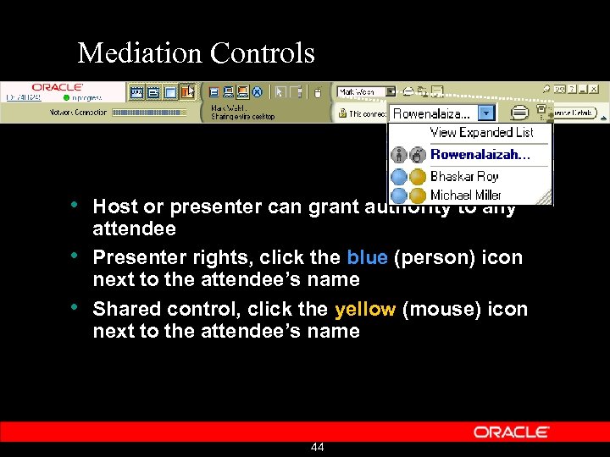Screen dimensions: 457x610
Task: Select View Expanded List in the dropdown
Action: click(x=481, y=132)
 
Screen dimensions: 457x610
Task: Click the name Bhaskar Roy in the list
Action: click(x=464, y=176)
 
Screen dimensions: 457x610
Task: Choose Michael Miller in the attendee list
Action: click(x=466, y=195)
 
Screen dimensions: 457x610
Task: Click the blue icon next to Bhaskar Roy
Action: click(x=400, y=176)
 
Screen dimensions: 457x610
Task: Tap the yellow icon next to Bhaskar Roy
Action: click(x=418, y=176)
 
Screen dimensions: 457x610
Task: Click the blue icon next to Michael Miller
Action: click(x=400, y=195)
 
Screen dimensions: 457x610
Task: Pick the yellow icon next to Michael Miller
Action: click(x=418, y=195)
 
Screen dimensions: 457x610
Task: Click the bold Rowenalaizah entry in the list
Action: click(x=480, y=154)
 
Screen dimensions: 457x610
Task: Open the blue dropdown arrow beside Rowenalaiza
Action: click(x=485, y=113)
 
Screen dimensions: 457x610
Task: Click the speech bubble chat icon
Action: click(x=519, y=113)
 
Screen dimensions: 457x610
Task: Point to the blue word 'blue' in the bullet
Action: click(x=366, y=257)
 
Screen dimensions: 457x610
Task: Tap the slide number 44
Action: click(x=318, y=447)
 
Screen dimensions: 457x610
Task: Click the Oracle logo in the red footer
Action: click(x=511, y=432)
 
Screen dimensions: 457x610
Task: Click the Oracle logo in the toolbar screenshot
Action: click(x=57, y=87)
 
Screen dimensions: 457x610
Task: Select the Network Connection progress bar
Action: click(x=149, y=112)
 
